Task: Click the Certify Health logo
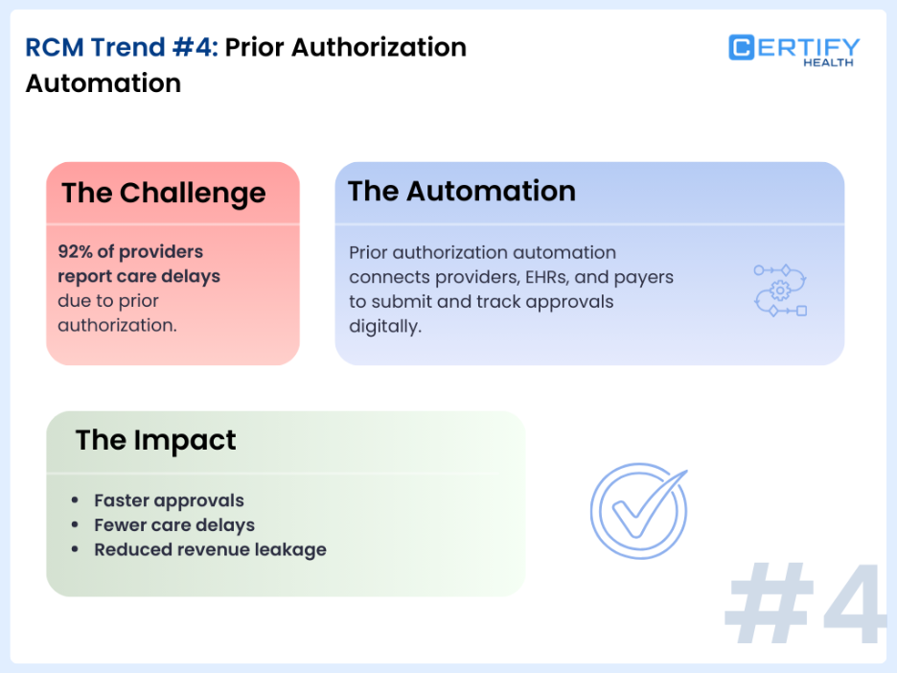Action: [793, 50]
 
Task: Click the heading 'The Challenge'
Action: [164, 193]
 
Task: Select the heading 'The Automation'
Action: [462, 191]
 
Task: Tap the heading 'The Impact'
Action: [155, 440]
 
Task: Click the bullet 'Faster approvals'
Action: [169, 500]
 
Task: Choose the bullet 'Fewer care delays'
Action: [174, 525]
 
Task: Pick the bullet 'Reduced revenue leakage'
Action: [210, 550]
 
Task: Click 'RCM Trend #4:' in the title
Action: [122, 47]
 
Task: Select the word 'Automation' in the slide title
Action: [103, 83]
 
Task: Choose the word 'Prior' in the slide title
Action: [259, 47]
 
